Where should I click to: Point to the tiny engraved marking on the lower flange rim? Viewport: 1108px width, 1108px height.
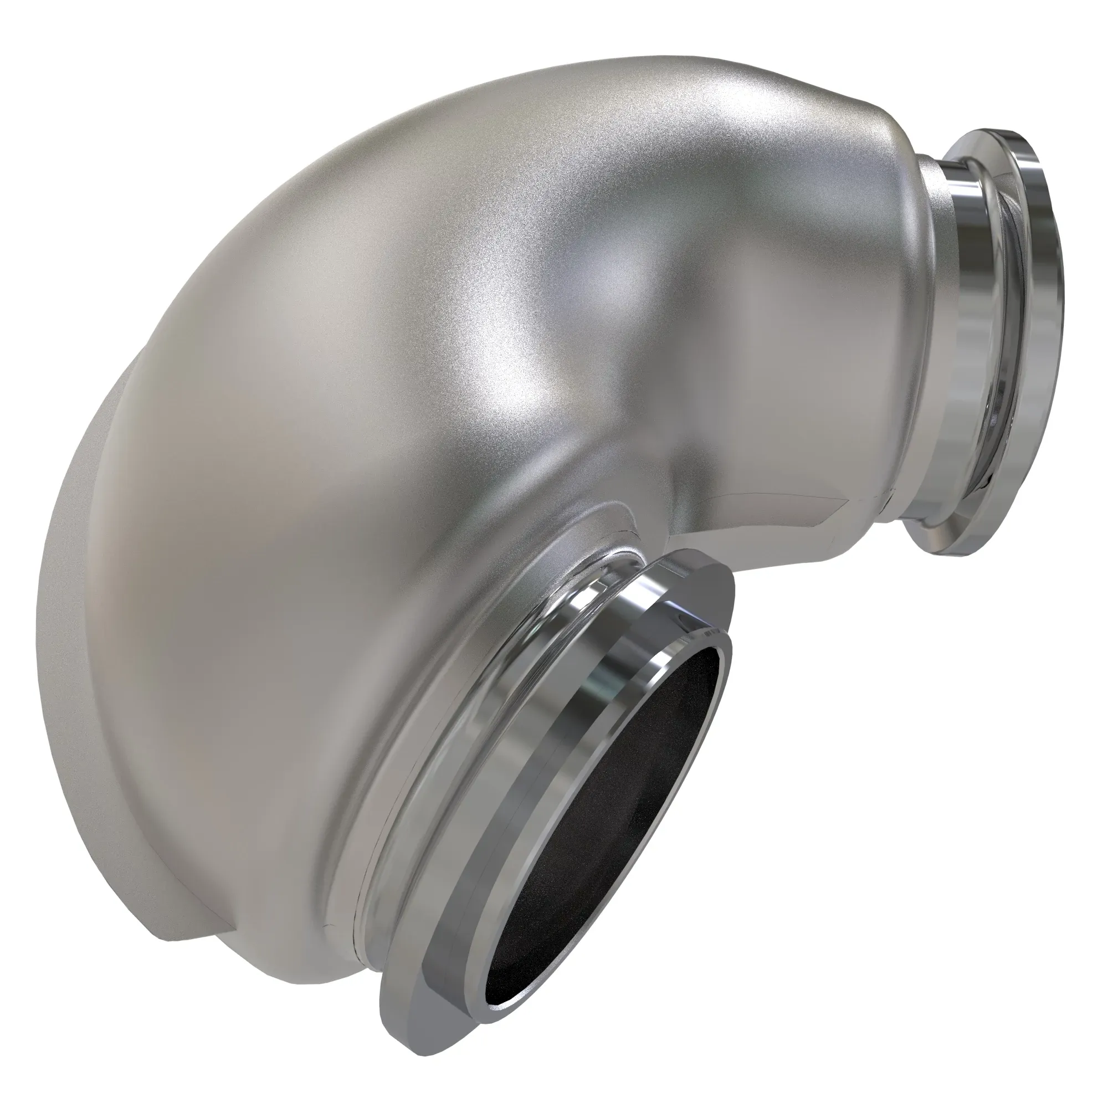tap(706, 633)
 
